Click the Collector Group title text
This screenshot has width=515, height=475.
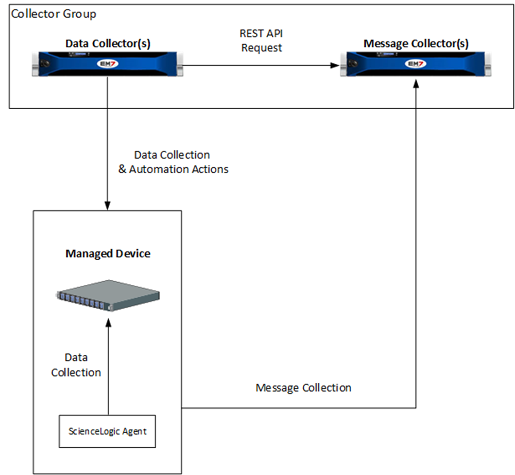coord(54,13)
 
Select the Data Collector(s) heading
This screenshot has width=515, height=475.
coord(108,44)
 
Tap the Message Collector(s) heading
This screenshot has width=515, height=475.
coord(416,44)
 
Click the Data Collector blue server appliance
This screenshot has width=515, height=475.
coord(108,65)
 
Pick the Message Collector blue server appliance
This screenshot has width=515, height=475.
coord(416,65)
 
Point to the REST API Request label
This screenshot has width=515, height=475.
coord(262,40)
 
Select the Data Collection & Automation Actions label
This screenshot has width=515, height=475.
coord(173,162)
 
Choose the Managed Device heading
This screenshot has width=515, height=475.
coord(108,253)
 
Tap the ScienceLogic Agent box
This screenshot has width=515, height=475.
coord(108,431)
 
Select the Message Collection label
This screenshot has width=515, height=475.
coord(303,387)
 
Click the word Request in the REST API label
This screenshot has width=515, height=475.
coord(262,48)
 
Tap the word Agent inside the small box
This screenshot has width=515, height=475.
coord(134,431)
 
